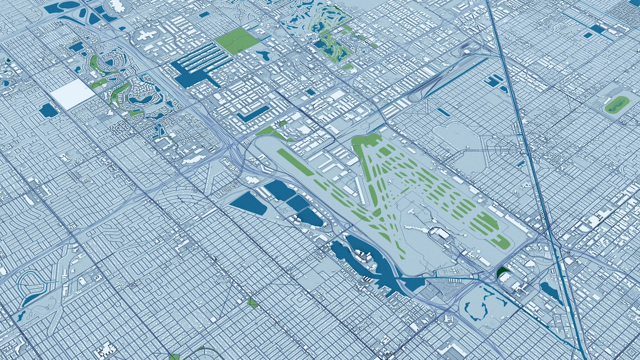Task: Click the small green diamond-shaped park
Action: (x=252, y=303)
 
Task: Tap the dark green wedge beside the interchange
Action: (x=501, y=273)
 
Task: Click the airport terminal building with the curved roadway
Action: (x=440, y=232)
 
